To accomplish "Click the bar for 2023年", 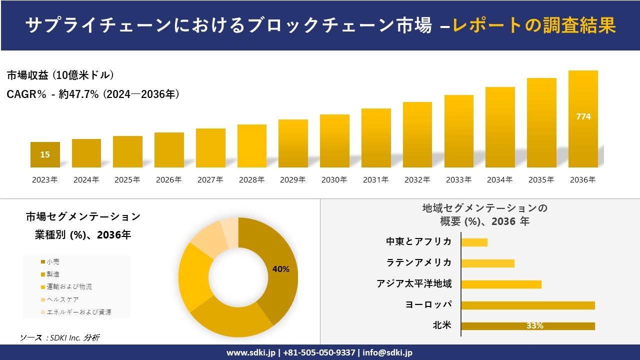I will (x=45, y=154).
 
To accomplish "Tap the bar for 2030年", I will (x=334, y=141).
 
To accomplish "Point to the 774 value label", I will (x=583, y=116).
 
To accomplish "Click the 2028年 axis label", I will (x=251, y=180).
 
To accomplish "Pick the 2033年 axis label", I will (x=458, y=180).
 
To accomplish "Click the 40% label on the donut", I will (x=280, y=269).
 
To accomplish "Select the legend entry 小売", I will (x=53, y=261).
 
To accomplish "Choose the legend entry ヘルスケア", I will (x=62, y=299).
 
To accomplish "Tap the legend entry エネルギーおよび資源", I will (x=78, y=312).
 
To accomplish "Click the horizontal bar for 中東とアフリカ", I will (x=474, y=242).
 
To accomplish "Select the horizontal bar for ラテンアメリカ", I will (x=487, y=263).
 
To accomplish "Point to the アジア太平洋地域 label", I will (x=414, y=284).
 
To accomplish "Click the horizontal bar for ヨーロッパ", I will (x=528, y=305).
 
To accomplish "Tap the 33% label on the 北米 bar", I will (x=534, y=326).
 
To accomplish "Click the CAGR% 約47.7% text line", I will (x=93, y=94).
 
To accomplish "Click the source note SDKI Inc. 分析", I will (x=59, y=337).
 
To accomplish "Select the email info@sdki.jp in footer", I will (x=387, y=352).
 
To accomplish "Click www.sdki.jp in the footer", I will (x=250, y=352).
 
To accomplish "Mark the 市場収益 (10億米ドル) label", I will (x=60, y=75).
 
